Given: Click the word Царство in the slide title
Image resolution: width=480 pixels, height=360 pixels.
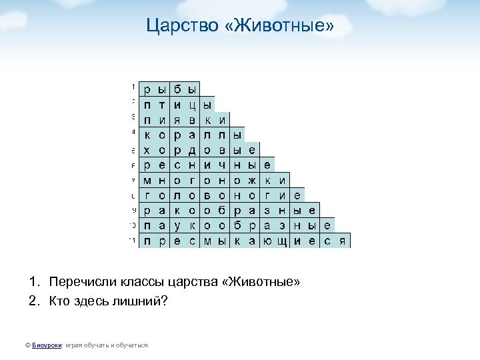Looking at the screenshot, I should click(x=174, y=27).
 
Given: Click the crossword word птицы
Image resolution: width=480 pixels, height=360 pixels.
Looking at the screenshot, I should click(x=176, y=105).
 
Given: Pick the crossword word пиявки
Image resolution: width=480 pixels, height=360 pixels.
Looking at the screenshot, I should click(x=183, y=120).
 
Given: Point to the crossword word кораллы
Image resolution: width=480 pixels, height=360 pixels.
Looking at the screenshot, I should click(x=191, y=135).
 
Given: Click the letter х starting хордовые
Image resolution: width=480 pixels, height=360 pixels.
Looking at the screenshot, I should click(x=147, y=150).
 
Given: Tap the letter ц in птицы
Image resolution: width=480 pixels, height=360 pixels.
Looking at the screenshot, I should click(x=192, y=105).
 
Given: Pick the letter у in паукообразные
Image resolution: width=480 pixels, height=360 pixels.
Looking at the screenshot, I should click(x=177, y=226).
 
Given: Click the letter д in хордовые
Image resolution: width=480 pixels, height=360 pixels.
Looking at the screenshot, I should click(x=192, y=150).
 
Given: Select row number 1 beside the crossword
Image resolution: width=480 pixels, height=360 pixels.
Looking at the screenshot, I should click(x=133, y=87).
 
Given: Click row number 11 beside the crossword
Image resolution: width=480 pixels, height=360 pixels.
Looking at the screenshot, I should click(x=133, y=239).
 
